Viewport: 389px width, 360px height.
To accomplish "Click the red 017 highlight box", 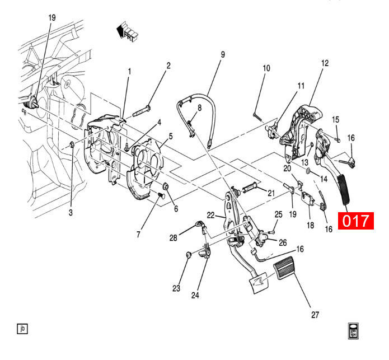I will point(357,220).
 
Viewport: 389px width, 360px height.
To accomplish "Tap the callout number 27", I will point(315,315).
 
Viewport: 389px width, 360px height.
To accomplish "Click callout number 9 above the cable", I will point(222,55).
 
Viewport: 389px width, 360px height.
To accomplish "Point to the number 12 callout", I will point(325,63).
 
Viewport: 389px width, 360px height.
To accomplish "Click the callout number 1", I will point(129,72).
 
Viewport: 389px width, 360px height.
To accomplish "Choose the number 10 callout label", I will point(266,68).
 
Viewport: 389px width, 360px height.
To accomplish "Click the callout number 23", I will point(176,289).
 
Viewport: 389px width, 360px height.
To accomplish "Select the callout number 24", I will point(195,295).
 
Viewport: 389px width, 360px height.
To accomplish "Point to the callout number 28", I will point(174,239).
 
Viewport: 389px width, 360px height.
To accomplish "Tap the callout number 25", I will point(279,214).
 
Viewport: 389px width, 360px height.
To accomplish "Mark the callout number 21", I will point(271,193).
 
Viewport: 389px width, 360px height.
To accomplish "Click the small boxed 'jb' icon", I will point(22,329).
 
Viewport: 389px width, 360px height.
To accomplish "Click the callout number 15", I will point(336,119).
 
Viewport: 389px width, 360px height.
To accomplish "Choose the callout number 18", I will point(310,225).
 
